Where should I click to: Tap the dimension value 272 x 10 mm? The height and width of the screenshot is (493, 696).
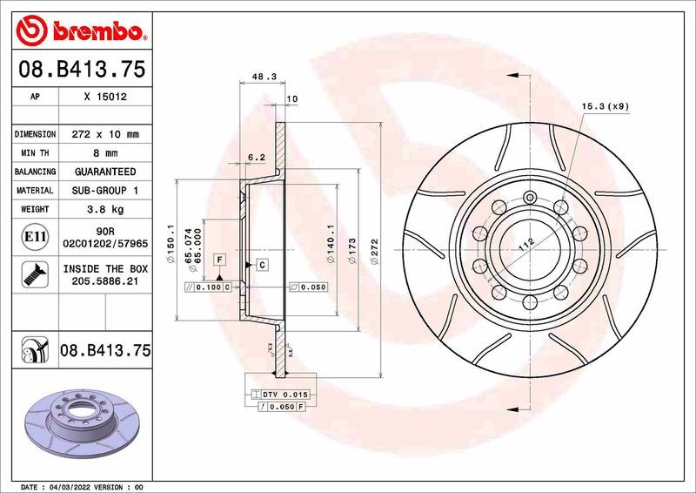104,135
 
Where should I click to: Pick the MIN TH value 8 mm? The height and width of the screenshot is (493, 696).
104,153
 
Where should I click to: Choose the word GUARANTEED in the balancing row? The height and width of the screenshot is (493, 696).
104,172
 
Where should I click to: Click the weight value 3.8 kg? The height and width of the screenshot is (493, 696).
104,209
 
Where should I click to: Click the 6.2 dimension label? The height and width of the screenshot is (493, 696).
256,158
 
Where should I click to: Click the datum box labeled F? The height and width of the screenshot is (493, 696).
220,260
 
